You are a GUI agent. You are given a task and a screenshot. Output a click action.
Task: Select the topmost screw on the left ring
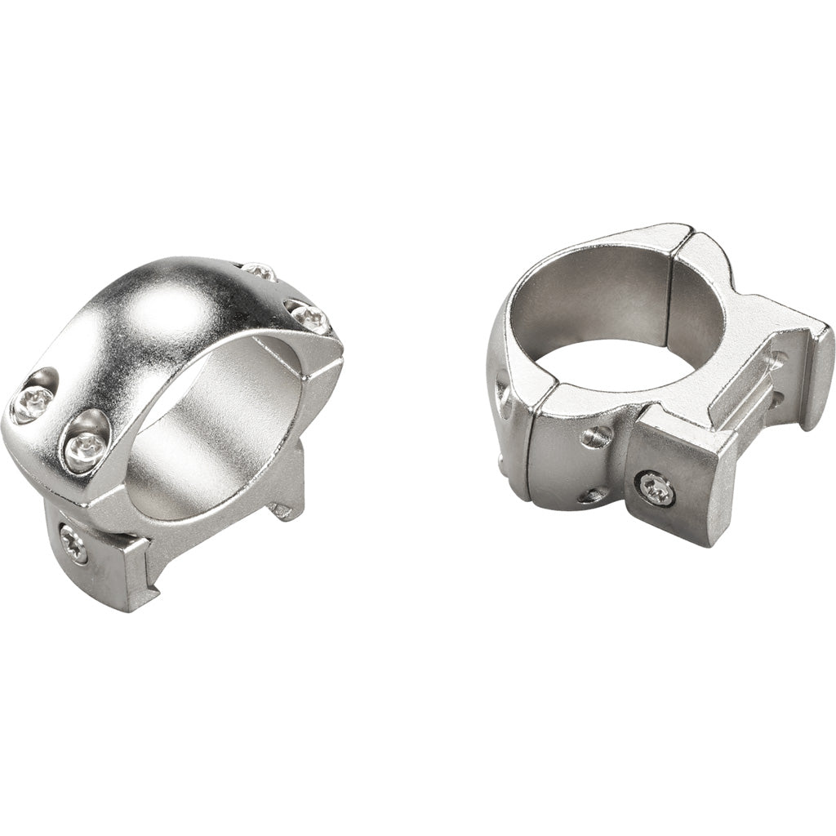(260, 271)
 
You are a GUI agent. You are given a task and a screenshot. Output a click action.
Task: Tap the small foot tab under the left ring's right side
(286, 511)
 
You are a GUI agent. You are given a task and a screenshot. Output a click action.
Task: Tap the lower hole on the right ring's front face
(592, 495)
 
